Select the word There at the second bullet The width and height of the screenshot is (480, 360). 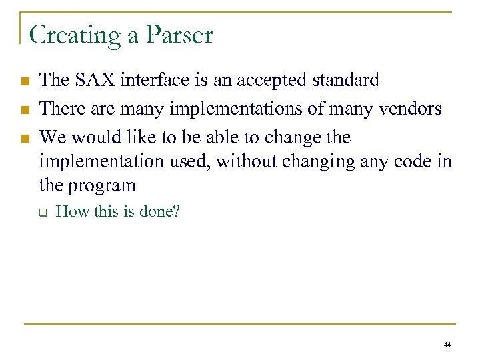(x=60, y=109)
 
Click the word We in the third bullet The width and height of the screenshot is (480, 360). (x=52, y=137)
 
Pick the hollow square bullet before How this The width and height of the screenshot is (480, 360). (x=41, y=213)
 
